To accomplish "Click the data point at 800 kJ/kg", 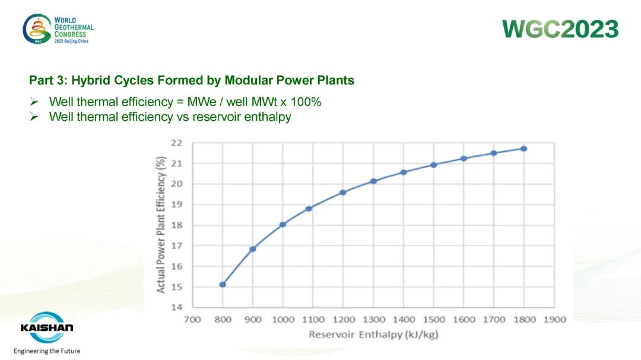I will pyautogui.click(x=223, y=285).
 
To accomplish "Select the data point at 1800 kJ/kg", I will pyautogui.click(x=524, y=149).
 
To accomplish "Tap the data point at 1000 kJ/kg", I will pyautogui.click(x=283, y=224).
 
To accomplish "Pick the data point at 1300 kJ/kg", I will pyautogui.click(x=373, y=181).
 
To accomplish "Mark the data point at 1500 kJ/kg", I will pyautogui.click(x=434, y=165).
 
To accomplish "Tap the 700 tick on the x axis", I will pyautogui.click(x=193, y=320).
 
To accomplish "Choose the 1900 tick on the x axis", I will pyautogui.click(x=554, y=320).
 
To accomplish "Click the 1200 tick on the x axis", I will pyautogui.click(x=344, y=320).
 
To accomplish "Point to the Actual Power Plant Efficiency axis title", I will pyautogui.click(x=161, y=225).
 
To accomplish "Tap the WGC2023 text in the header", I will pyautogui.click(x=560, y=28).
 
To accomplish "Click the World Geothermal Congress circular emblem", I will pyautogui.click(x=37, y=28).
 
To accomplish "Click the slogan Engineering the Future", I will pyautogui.click(x=47, y=351).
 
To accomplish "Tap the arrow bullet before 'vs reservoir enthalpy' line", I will pyautogui.click(x=34, y=117).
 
